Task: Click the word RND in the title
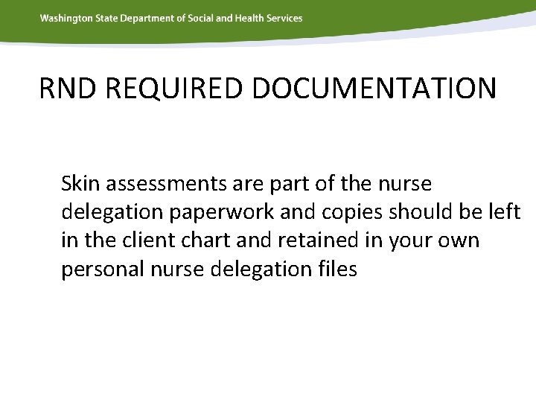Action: click(x=68, y=89)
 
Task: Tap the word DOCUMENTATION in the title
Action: click(x=374, y=89)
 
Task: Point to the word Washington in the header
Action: click(x=65, y=18)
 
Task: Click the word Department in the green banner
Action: click(x=147, y=18)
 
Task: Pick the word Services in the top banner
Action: click(x=285, y=18)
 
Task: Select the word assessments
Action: click(x=156, y=183)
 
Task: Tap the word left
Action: click(x=505, y=212)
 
